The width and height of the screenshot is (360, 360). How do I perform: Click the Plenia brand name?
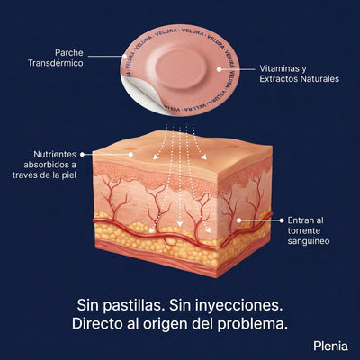pos(330,346)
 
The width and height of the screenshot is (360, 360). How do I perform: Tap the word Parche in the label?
pos(69,53)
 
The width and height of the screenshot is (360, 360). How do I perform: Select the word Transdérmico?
pos(56,63)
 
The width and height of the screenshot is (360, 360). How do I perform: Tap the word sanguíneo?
pos(309,241)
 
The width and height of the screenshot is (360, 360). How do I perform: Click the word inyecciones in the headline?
pos(237,306)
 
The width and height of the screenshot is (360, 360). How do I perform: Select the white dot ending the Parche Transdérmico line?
pos(124,56)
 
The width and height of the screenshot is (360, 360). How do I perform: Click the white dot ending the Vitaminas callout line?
pos(219,69)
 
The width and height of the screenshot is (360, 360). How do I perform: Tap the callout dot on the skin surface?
pos(130,155)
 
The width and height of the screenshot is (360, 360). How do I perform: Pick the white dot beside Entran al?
pos(282,220)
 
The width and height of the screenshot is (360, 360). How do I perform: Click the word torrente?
pos(304,231)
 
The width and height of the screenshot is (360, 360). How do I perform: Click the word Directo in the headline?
pos(97,324)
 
